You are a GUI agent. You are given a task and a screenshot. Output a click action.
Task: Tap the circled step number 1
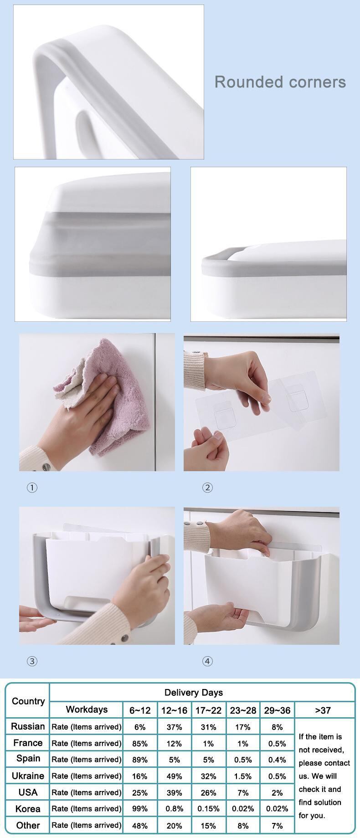point(32,488)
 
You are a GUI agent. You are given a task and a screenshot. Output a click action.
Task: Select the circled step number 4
point(207,661)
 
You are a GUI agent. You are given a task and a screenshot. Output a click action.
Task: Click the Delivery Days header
point(194,693)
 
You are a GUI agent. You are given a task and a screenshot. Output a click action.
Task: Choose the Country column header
point(28,701)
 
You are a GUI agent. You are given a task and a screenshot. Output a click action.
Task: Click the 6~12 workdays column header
point(140,710)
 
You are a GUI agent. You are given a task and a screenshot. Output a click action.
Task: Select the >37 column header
point(323,710)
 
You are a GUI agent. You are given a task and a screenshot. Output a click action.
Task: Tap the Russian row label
point(28,726)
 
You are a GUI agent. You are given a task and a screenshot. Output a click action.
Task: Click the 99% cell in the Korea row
point(140,809)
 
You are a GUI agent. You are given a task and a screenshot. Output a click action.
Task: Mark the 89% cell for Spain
point(140,760)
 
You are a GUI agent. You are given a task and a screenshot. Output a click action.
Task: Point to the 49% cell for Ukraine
point(174,776)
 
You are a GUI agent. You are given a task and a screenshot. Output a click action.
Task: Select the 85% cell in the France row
point(140,743)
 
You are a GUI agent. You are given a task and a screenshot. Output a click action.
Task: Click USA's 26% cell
point(208,792)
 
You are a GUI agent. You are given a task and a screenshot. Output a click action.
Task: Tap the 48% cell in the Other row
point(140,825)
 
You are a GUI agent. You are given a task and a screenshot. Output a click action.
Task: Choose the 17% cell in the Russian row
point(243,727)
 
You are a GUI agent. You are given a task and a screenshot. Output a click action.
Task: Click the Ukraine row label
point(28,776)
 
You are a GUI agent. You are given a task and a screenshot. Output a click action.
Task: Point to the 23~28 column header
point(243,710)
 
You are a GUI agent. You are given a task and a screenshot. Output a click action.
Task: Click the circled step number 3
point(32,661)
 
